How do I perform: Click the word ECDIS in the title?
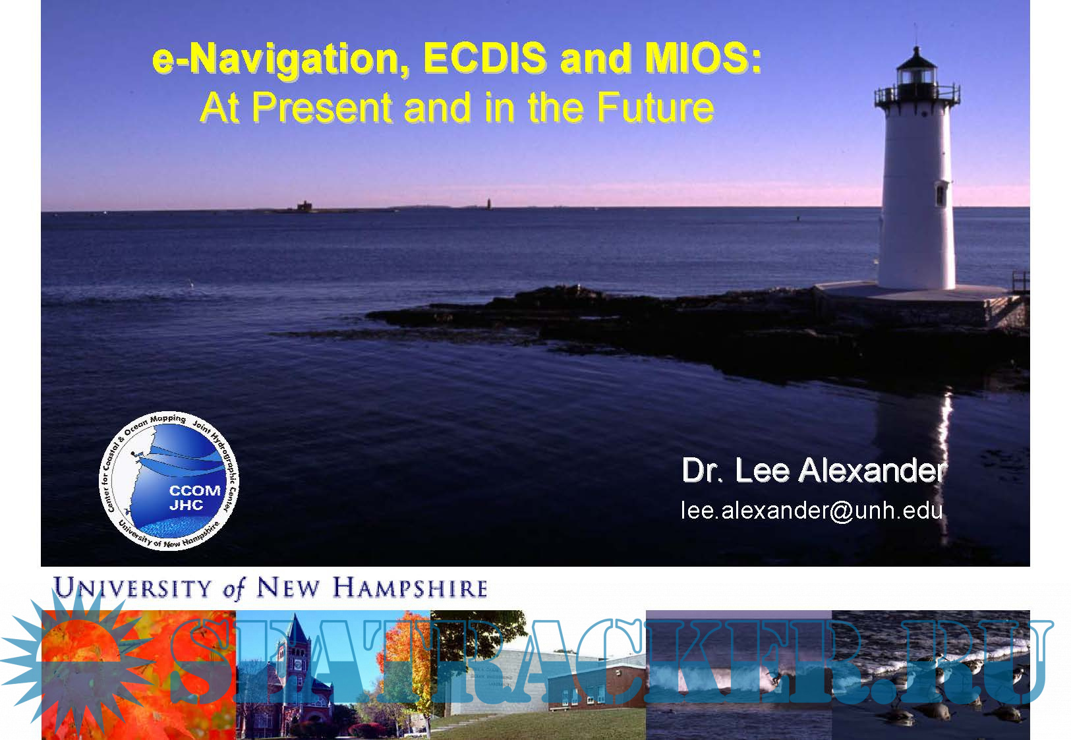coord(485,58)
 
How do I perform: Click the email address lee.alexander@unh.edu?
coord(811,511)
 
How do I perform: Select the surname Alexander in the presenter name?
coord(872,470)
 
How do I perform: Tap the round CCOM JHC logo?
coord(169,481)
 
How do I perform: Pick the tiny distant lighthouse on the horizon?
coord(488,204)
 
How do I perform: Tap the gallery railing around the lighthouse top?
coord(917,95)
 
